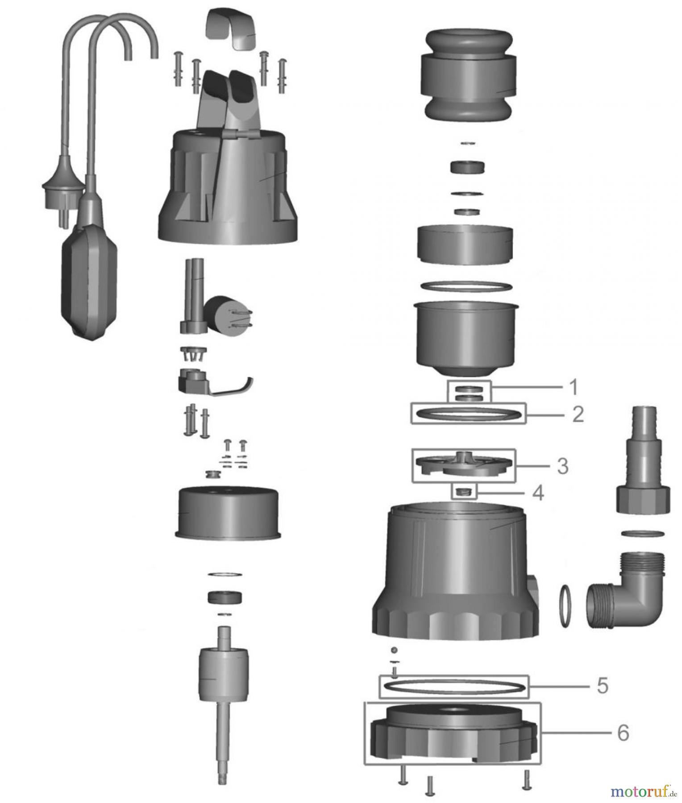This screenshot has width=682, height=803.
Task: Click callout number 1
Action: (x=574, y=387)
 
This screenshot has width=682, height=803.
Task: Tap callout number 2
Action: (x=578, y=415)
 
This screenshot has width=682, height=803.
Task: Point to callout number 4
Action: (x=538, y=493)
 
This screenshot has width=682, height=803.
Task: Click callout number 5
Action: (x=603, y=686)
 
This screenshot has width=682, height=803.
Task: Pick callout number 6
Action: (x=623, y=733)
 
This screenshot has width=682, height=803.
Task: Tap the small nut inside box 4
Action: (x=465, y=492)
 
